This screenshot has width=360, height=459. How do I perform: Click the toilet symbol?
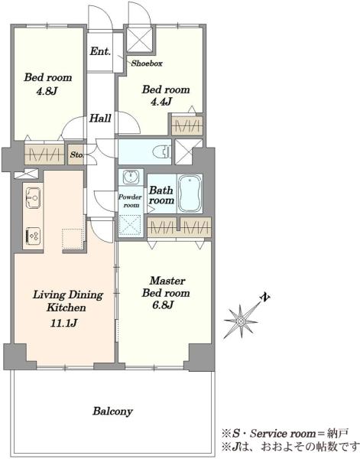(x=162, y=151)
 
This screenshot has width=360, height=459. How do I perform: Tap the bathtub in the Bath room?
(x=190, y=194)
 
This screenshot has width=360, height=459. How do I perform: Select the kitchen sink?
(x=33, y=198)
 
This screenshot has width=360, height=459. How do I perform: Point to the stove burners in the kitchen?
(x=33, y=236)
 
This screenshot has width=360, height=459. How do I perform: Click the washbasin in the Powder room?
(x=131, y=177)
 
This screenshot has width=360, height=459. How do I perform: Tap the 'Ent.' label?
(x=100, y=51)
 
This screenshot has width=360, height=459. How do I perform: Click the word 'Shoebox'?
(x=147, y=63)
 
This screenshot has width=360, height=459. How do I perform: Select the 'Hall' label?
(x=100, y=119)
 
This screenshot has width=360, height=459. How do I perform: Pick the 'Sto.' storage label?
(x=76, y=155)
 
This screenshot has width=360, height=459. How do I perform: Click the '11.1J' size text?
(x=64, y=324)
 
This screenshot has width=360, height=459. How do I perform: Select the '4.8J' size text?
(x=46, y=92)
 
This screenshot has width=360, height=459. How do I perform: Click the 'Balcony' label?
(x=112, y=412)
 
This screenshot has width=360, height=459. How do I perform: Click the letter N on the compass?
(x=265, y=298)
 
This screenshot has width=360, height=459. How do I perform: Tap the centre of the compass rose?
(x=241, y=321)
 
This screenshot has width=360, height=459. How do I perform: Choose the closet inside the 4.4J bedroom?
(x=186, y=126)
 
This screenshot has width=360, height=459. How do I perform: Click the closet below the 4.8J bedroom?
(x=44, y=155)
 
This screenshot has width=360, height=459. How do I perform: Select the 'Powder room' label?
(x=131, y=201)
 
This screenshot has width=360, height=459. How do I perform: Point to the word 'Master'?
(x=167, y=281)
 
